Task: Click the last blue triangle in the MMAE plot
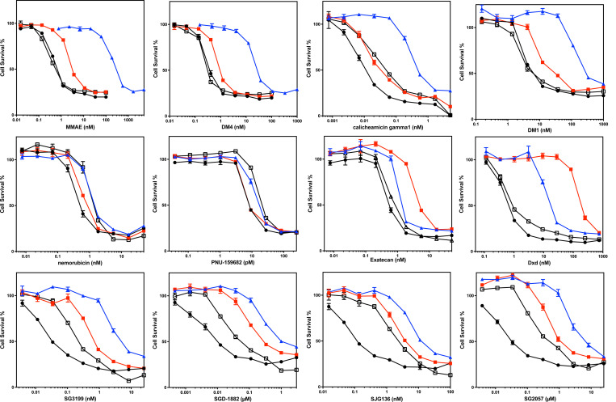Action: click(x=144, y=91)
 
